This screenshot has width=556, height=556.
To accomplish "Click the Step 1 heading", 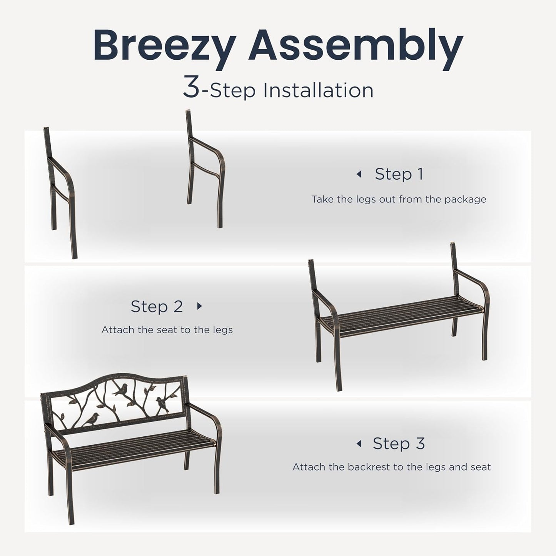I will pos(399,174).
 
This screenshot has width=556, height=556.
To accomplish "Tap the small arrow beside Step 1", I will pos(359,174).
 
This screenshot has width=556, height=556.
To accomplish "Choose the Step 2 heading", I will pos(157,306).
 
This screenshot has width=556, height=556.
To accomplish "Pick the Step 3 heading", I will pos(399,444).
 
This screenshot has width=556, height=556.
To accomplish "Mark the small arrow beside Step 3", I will pos(359,444).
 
